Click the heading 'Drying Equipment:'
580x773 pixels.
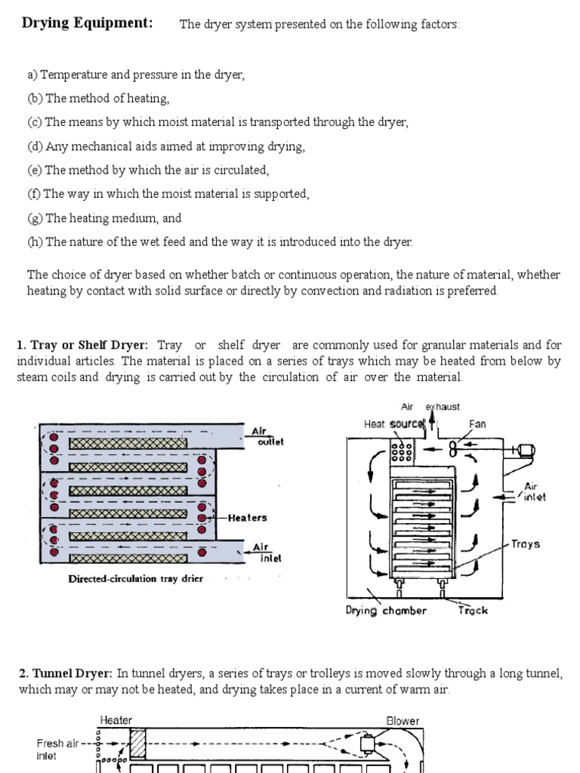(x=87, y=23)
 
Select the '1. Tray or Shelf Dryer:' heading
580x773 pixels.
(x=82, y=345)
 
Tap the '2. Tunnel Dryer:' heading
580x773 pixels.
(x=66, y=673)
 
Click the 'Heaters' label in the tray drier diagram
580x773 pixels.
(x=247, y=518)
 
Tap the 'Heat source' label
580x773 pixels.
(x=393, y=424)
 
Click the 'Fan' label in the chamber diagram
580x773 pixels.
(x=477, y=424)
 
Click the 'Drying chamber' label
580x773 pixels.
(x=386, y=610)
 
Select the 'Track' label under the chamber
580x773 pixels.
(x=473, y=610)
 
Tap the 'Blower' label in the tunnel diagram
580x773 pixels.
(x=403, y=721)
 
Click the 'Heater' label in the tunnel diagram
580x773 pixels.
(x=116, y=721)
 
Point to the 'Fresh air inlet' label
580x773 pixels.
(x=57, y=749)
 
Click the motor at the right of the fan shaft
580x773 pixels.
(x=524, y=451)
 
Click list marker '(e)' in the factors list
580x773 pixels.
(x=35, y=170)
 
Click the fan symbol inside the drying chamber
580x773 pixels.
(x=454, y=448)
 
